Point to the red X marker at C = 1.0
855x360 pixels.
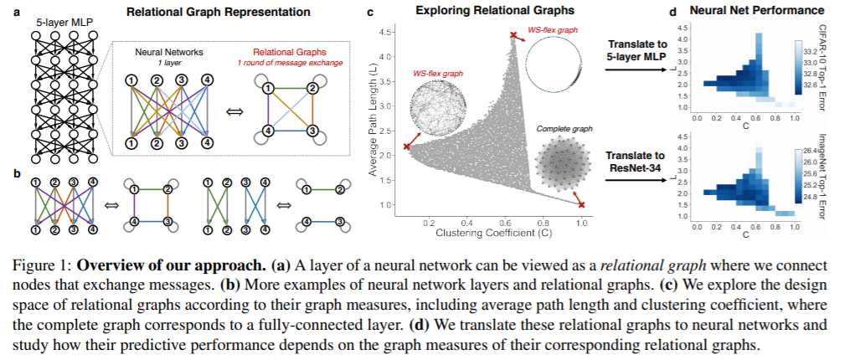[x=581, y=205]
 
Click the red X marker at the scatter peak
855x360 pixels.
[x=513, y=35]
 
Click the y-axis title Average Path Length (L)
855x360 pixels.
[x=375, y=118]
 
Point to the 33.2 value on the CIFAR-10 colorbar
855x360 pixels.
[x=811, y=53]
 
